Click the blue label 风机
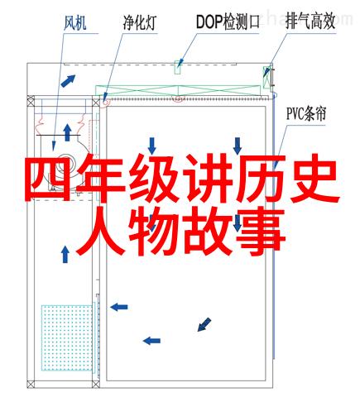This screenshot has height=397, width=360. click(x=75, y=23)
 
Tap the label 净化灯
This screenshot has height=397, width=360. click(x=140, y=22)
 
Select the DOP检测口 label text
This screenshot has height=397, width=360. click(x=228, y=22)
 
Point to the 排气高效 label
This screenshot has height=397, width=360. click(x=310, y=21)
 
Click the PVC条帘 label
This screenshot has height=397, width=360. click(x=306, y=113)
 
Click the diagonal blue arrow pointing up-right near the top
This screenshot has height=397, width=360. click(x=68, y=81)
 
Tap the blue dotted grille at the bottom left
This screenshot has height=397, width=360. click(x=67, y=337)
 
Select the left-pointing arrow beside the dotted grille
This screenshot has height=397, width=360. click(x=119, y=307)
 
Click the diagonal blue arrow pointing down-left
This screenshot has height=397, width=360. click(x=204, y=324)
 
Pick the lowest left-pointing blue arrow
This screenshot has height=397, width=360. click(x=151, y=341)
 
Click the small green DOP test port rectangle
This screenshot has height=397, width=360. click(x=178, y=67)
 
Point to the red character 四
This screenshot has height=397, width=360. click(x=48, y=178)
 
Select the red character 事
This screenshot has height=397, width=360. click(x=259, y=232)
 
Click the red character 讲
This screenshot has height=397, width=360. click(x=208, y=178)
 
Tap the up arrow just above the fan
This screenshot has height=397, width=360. click(x=67, y=132)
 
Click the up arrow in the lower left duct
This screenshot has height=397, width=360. click(x=65, y=255)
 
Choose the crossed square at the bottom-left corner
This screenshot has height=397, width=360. click(x=31, y=385)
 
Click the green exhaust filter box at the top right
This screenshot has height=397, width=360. click(x=266, y=78)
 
